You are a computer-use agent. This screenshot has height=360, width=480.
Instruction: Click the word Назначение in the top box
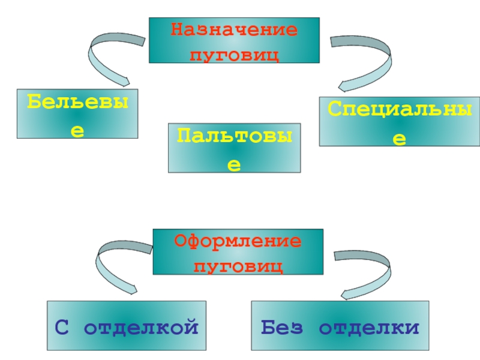click(x=234, y=30)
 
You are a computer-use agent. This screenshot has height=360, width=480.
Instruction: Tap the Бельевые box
click(x=77, y=114)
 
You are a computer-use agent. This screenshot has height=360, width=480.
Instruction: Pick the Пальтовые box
click(x=235, y=149)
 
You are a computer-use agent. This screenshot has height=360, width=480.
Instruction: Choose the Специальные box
click(x=399, y=121)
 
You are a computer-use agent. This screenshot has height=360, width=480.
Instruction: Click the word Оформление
click(x=238, y=241)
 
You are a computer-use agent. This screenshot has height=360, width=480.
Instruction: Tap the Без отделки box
click(x=340, y=326)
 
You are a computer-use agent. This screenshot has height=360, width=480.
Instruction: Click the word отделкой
click(x=141, y=328)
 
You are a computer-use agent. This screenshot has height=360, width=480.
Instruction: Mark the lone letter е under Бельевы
click(x=77, y=130)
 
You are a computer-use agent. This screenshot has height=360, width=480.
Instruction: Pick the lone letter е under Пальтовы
click(x=235, y=163)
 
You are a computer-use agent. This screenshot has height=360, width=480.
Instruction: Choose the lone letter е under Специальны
click(x=399, y=138)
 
